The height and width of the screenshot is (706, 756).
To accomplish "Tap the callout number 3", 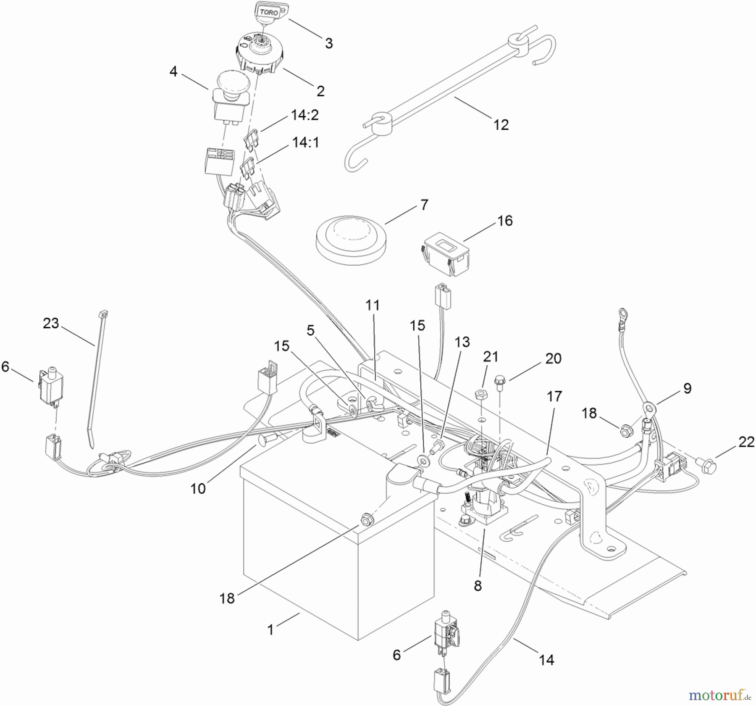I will (329, 43).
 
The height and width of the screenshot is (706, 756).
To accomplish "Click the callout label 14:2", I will (305, 115).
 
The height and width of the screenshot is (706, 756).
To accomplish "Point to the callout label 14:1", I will (306, 142).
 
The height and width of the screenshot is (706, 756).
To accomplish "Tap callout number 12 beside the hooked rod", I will (501, 125).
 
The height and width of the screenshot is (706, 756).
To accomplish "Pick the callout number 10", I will (198, 488).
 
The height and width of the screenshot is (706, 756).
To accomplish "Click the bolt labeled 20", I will (499, 379).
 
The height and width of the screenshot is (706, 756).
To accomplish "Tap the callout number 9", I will (687, 388).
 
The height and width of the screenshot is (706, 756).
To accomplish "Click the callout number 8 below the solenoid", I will (478, 586).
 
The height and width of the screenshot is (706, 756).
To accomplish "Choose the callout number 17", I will (554, 396).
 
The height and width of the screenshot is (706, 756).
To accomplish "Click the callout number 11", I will (373, 306).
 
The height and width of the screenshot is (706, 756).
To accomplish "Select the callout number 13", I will (462, 342).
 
